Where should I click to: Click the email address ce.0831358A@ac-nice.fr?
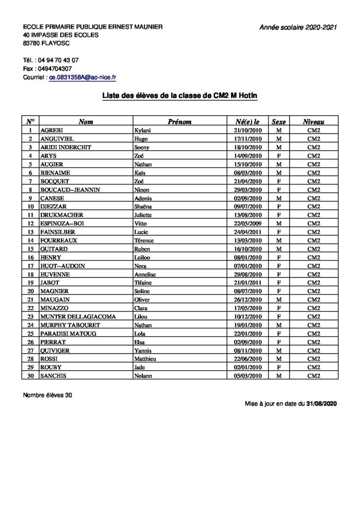pos(83,78)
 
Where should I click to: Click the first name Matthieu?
pos(146,359)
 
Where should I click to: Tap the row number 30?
pos(31,376)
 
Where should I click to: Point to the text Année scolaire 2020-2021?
pos(298,28)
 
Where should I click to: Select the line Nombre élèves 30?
pos(47,395)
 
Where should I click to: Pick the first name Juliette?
pos(145,215)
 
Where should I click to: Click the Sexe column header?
pos(278,121)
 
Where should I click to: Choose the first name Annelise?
pos(146,274)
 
